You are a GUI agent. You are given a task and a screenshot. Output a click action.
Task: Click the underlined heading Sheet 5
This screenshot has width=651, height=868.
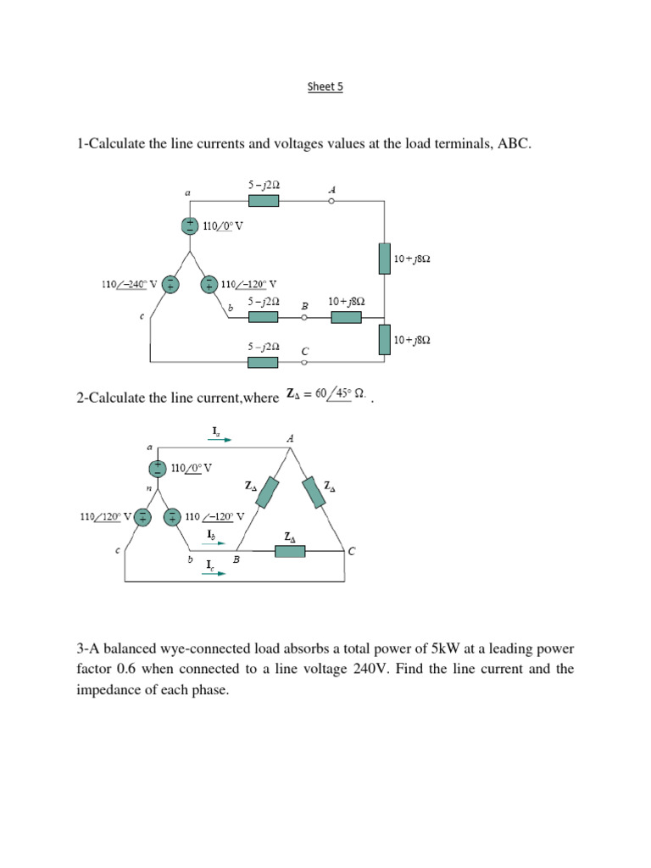[x=325, y=86]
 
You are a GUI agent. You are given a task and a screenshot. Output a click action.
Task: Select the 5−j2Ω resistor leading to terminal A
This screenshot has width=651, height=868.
[x=263, y=201]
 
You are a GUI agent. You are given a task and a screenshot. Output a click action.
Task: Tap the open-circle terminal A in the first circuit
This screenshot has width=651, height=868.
[x=331, y=201]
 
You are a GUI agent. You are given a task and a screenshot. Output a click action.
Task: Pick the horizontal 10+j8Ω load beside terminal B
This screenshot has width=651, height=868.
[x=346, y=317]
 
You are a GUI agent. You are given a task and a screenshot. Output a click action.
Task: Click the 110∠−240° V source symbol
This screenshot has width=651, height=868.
[x=170, y=285]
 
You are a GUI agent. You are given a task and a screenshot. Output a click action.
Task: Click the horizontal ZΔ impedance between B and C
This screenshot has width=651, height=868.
[x=290, y=552]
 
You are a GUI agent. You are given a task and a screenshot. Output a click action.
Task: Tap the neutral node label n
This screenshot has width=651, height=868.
[x=149, y=489]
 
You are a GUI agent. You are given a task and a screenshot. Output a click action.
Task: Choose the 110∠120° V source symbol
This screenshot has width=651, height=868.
[x=143, y=516]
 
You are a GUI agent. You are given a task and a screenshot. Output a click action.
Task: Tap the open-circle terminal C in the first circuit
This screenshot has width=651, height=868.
[x=304, y=362]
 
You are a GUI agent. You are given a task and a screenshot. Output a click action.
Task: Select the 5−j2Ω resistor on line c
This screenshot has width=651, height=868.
[x=263, y=362]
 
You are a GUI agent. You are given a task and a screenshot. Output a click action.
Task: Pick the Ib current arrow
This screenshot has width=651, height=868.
[x=215, y=542]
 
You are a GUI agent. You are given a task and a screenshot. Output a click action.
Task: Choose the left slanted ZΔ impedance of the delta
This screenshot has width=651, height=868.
[x=268, y=492]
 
